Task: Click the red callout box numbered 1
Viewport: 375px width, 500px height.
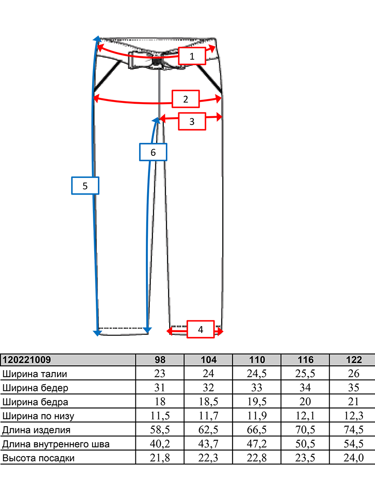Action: point(192,56)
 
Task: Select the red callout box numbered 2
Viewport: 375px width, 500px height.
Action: point(185,99)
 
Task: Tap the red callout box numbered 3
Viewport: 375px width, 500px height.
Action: point(192,121)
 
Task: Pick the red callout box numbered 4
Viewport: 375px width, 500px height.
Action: point(200,329)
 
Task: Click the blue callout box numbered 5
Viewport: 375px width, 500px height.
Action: point(85,186)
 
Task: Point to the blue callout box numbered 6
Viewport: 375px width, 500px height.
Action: point(153,152)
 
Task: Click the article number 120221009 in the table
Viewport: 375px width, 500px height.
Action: point(27,360)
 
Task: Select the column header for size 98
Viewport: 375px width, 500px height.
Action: point(160,360)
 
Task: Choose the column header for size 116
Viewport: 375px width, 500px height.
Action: point(305,360)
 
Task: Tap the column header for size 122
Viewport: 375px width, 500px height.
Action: point(354,360)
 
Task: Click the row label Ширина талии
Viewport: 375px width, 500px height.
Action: point(35,374)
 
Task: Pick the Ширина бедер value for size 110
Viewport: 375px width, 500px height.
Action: point(257,388)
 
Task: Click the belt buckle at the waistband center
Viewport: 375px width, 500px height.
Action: point(156,60)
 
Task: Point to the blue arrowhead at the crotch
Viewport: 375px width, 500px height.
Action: point(156,120)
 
